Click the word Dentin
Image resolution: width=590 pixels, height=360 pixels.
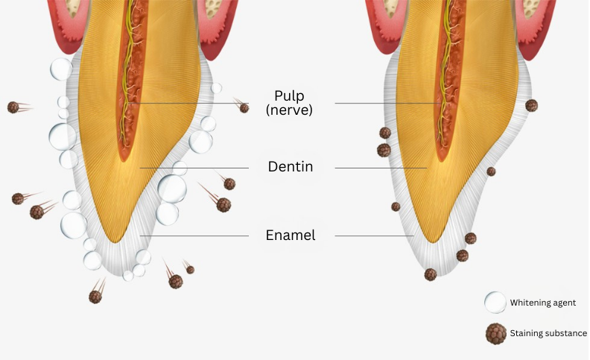point(291,167)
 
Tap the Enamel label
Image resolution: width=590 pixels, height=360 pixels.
point(291,236)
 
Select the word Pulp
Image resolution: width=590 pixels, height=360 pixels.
point(290,95)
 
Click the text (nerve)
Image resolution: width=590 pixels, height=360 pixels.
point(290,110)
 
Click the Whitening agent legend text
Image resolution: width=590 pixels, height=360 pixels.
point(542,303)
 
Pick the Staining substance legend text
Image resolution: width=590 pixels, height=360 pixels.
point(548,333)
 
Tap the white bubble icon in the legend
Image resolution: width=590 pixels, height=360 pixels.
point(495,303)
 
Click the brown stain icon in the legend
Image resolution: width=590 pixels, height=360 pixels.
point(495,333)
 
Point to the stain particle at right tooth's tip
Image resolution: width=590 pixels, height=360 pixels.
point(431,274)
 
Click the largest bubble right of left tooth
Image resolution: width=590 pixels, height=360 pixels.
point(172,189)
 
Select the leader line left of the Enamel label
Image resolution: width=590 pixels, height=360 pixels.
point(194,236)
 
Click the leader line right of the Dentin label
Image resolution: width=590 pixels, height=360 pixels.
point(380,168)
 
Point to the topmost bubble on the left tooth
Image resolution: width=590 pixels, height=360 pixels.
point(61,69)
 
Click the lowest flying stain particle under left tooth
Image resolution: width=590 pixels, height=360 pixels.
point(95,297)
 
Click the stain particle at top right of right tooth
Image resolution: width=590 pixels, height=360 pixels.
point(531,106)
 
